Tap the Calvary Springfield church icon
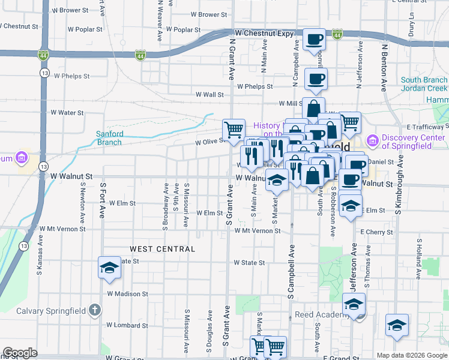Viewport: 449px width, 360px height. pyautogui.click(x=93, y=310)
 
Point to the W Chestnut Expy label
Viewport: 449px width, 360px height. pyautogui.click(x=264, y=33)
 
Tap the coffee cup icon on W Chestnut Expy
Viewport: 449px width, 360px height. pyautogui.click(x=313, y=40)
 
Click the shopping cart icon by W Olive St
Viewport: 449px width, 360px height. pyautogui.click(x=234, y=128)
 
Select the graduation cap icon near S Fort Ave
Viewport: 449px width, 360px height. pyautogui.click(x=109, y=268)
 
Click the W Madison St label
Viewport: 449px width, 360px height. pyautogui.click(x=127, y=294)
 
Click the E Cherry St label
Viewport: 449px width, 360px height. pyautogui.click(x=376, y=232)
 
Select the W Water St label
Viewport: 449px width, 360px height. pyautogui.click(x=67, y=112)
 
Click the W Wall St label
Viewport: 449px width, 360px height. pyautogui.click(x=209, y=94)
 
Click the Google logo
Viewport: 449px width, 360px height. pyautogui.click(x=20, y=353)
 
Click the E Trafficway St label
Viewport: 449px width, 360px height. pyautogui.click(x=427, y=127)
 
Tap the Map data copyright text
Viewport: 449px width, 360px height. pyautogui.click(x=411, y=355)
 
